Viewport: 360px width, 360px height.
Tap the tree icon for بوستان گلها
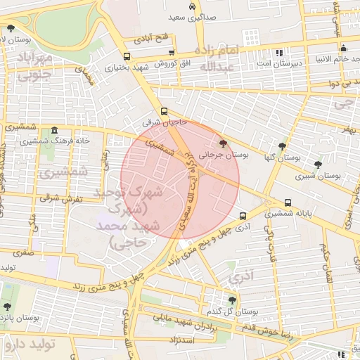tap(282, 147)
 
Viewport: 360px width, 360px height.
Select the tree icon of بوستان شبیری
tap(319, 165)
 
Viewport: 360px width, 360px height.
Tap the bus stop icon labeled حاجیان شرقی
tap(164, 111)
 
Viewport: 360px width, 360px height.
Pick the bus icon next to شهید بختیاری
tap(127, 57)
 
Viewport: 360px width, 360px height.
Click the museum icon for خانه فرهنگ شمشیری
tap(54, 131)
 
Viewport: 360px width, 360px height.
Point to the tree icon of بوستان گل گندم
tap(232, 300)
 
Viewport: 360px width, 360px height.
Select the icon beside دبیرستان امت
tap(280, 52)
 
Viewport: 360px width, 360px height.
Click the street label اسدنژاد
tap(181, 340)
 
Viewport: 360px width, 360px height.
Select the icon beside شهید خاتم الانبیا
tap(343, 49)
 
